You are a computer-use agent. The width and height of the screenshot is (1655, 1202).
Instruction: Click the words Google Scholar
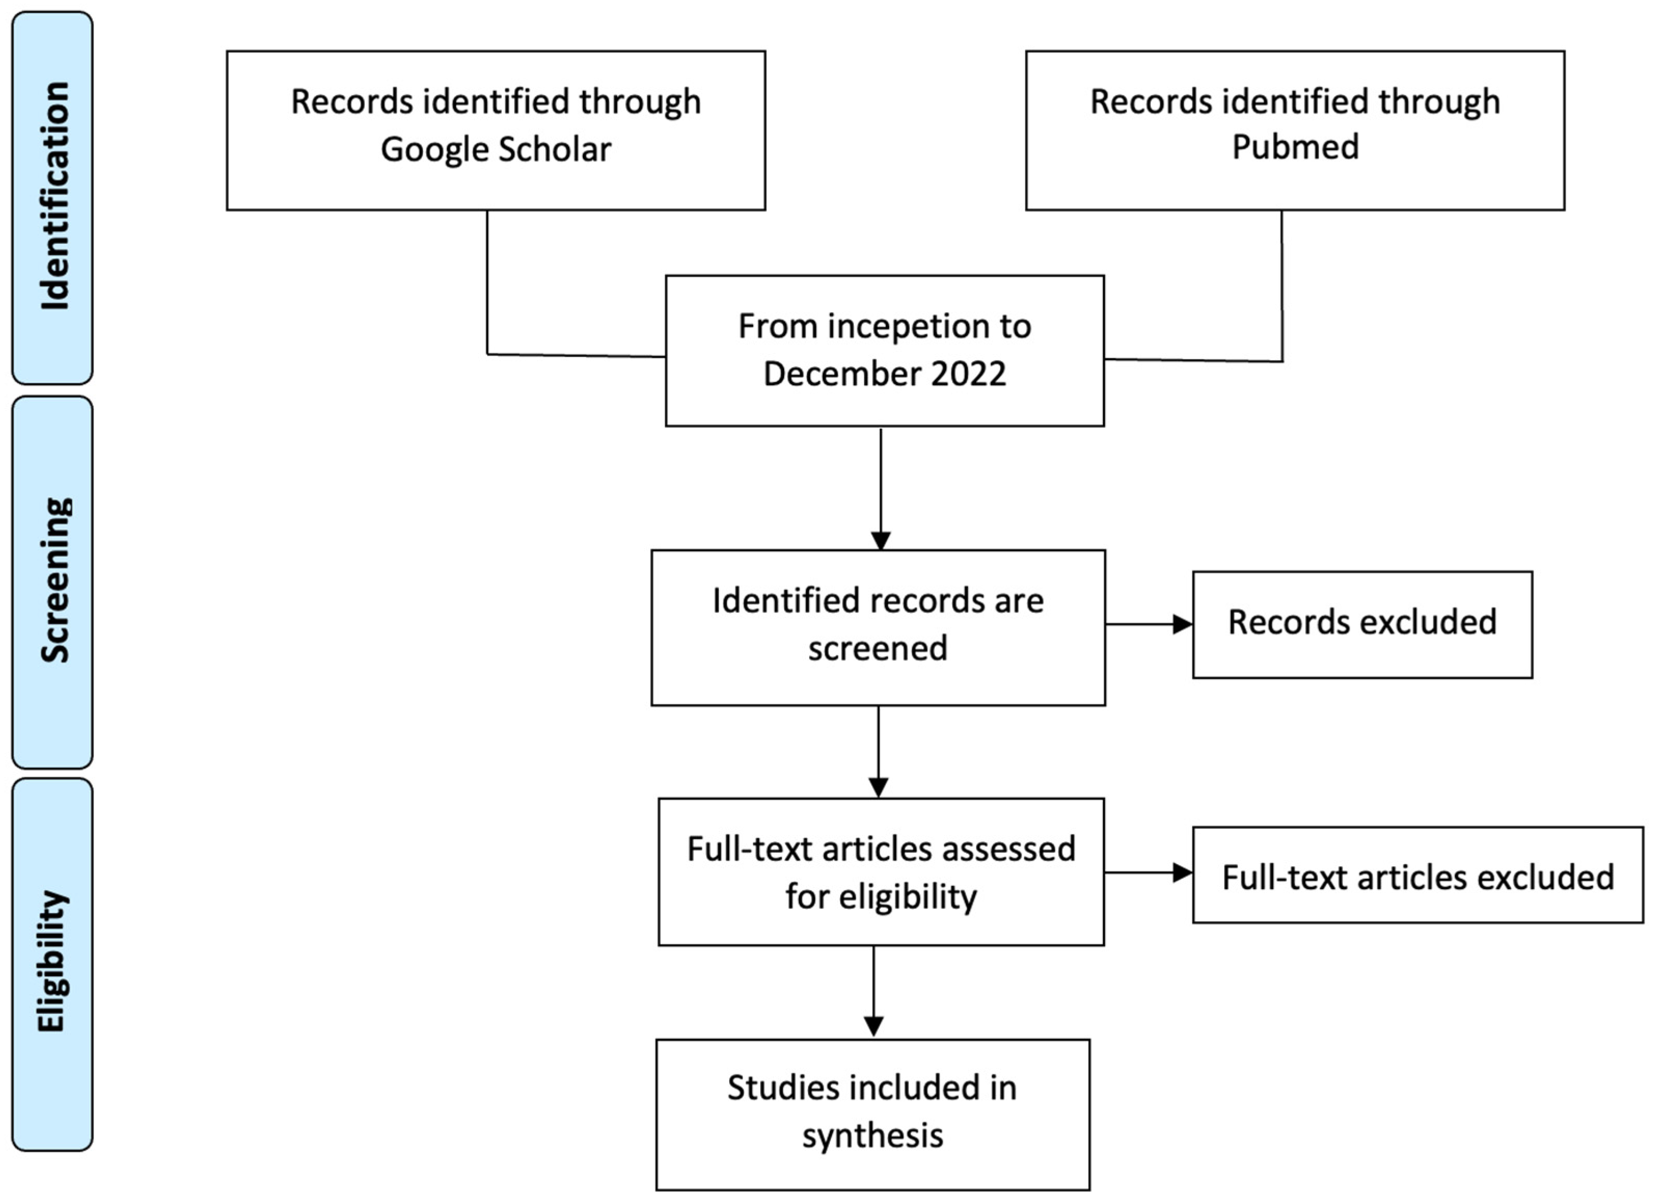(496, 149)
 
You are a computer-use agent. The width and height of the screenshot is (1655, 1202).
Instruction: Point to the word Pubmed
(1295, 147)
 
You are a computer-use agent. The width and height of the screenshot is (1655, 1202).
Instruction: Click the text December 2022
(884, 374)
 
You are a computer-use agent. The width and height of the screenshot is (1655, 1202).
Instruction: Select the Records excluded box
(1362, 624)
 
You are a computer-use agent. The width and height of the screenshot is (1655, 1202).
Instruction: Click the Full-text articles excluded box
(1417, 876)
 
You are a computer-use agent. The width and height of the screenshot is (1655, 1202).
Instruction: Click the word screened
(878, 648)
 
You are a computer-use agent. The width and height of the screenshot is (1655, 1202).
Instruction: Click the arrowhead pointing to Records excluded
(1182, 624)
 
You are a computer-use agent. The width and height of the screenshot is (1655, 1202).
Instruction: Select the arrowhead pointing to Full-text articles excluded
(1182, 872)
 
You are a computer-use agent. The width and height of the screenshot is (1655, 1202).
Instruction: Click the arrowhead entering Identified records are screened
(881, 541)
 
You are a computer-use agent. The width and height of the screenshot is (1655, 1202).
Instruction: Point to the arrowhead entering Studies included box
(873, 1026)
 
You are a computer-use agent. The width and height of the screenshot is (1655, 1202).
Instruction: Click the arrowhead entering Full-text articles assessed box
(879, 787)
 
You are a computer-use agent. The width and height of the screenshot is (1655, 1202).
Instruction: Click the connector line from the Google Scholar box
(487, 284)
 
